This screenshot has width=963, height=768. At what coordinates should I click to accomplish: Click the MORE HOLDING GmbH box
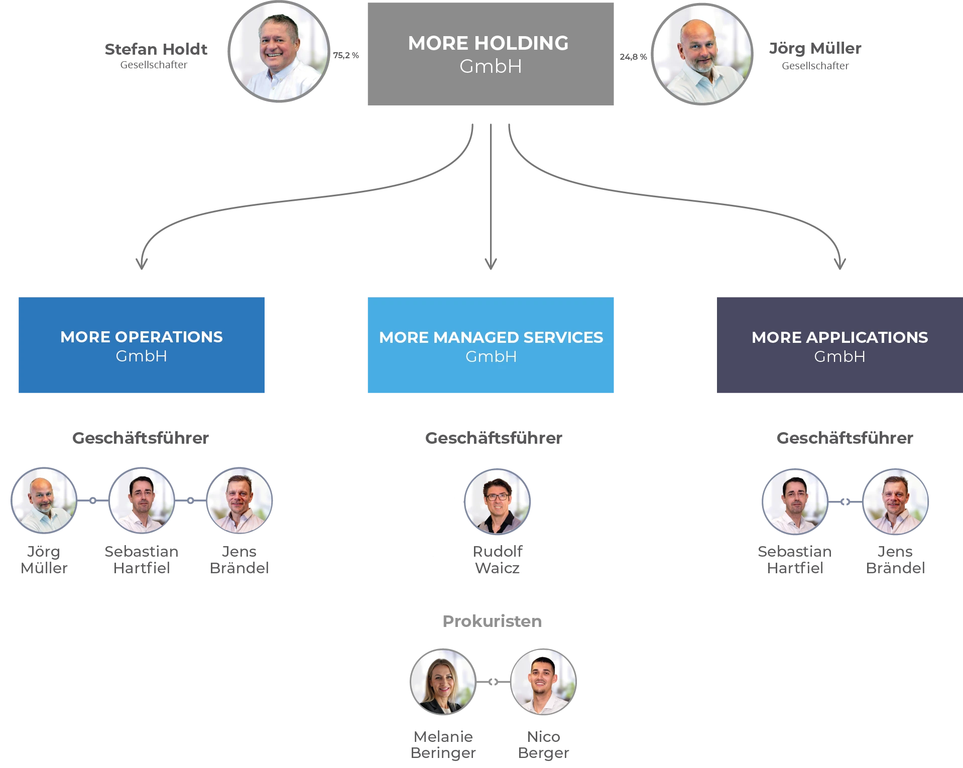tap(491, 54)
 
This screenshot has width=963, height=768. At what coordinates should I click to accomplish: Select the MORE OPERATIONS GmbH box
tap(142, 345)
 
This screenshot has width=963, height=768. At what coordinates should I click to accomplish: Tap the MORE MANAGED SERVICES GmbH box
tap(491, 345)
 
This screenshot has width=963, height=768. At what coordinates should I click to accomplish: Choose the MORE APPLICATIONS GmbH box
tap(839, 345)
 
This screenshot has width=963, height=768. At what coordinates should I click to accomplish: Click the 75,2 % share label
tap(346, 55)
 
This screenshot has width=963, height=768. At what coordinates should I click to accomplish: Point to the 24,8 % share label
tap(633, 57)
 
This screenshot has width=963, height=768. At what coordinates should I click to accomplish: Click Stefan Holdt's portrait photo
tap(279, 51)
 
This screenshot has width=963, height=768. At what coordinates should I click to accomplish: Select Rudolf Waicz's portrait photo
tap(497, 501)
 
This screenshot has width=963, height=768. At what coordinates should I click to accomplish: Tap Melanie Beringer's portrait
tap(443, 682)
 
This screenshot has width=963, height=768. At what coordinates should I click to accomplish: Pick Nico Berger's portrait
tap(543, 682)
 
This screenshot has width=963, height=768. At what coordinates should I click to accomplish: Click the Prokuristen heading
tap(492, 621)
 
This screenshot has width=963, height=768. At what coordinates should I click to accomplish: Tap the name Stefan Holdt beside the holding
tap(156, 49)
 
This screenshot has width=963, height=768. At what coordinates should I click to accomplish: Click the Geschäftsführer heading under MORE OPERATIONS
tap(141, 438)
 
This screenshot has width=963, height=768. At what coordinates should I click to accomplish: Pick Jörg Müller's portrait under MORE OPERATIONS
tap(44, 500)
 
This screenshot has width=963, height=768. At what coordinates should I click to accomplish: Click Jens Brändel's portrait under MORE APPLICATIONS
tap(895, 501)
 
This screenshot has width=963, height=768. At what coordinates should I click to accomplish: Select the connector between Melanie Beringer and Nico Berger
tap(493, 682)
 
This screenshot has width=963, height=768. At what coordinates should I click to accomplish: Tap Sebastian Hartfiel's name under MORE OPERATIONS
tap(142, 560)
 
